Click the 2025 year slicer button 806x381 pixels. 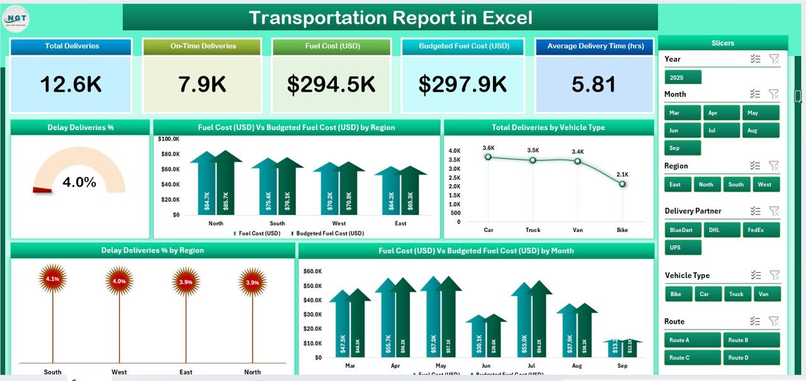click(683, 77)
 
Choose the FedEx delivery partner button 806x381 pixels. click(761, 230)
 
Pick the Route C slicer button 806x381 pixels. click(692, 358)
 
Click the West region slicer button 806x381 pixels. click(764, 185)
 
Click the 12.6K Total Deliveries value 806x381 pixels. click(71, 85)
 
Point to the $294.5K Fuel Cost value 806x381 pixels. click(331, 85)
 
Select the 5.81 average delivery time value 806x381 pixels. click(594, 85)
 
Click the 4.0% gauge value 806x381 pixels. click(79, 183)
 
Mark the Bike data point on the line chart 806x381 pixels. click(622, 184)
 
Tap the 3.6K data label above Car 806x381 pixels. click(489, 148)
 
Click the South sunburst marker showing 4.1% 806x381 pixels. click(53, 279)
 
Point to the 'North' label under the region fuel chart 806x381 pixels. click(215, 223)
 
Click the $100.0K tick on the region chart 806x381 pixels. click(168, 138)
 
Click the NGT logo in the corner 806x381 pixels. click(16, 18)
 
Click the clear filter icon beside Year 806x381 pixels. click(774, 59)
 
